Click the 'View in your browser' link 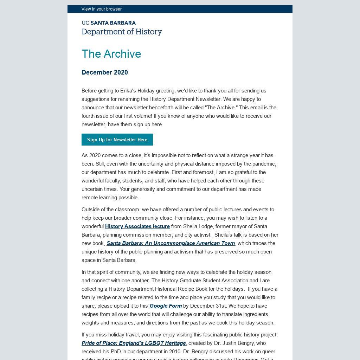click(x=102, y=9)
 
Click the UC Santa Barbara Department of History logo click(x=122, y=28)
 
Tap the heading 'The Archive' click(x=111, y=54)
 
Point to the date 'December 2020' click(x=105, y=72)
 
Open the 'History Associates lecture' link click(x=137, y=226)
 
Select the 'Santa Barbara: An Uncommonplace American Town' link click(x=171, y=243)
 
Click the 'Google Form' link click(x=166, y=306)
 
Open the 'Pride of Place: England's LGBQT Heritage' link click(x=134, y=343)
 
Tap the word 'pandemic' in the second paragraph click(x=264, y=164)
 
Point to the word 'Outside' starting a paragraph click(x=91, y=210)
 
